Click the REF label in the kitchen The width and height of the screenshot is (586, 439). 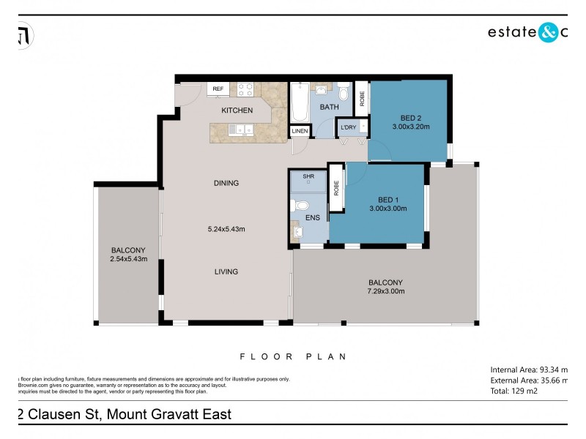click(218, 89)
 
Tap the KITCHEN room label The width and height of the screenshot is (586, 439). click(237, 110)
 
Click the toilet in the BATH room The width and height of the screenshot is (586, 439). click(344, 94)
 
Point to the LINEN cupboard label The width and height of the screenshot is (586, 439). click(300, 132)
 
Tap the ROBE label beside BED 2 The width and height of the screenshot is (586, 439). click(361, 97)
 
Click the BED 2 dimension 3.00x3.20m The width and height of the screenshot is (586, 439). click(410, 127)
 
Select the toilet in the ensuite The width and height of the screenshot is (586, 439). click(300, 204)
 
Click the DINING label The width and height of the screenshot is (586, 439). click(226, 183)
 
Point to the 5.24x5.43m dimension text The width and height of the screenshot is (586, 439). click(226, 229)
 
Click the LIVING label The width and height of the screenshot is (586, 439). click(226, 272)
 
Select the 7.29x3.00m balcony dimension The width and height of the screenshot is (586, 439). click(386, 291)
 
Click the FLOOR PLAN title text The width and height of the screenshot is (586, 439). click(293, 356)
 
